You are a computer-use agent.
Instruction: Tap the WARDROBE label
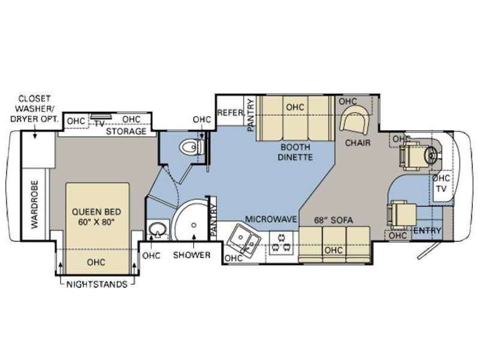(35, 204)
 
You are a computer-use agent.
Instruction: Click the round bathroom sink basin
(158, 230)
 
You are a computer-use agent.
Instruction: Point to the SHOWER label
(191, 254)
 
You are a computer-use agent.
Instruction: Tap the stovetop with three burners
(281, 242)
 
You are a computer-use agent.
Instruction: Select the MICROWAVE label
(271, 219)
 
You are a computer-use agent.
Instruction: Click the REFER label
(230, 113)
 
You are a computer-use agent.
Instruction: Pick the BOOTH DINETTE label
(295, 152)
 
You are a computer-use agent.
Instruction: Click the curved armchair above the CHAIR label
(355, 119)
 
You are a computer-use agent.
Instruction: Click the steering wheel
(431, 155)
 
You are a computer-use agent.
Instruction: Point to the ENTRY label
(427, 230)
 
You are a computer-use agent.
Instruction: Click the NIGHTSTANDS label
(97, 284)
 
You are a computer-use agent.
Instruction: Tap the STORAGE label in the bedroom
(126, 131)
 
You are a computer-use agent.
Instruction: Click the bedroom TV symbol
(101, 116)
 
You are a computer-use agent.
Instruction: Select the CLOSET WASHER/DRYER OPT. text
(34, 109)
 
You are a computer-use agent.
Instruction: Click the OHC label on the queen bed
(96, 262)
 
